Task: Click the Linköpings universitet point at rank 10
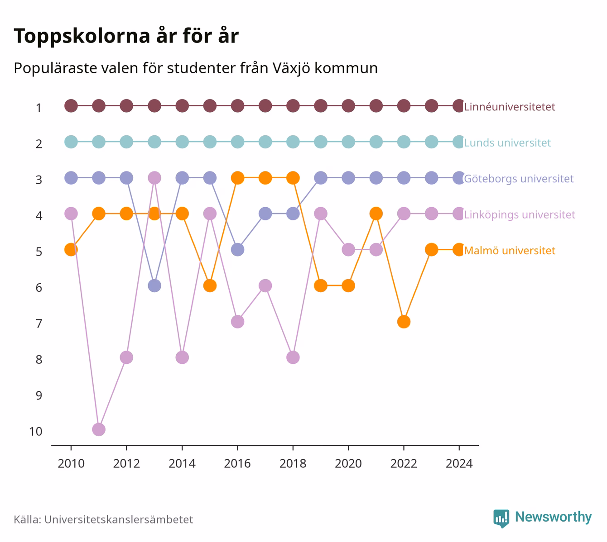[x=99, y=429]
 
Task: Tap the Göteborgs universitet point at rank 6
[x=154, y=285]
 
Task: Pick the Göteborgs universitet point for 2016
[x=237, y=249]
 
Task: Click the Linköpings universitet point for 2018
[x=293, y=357]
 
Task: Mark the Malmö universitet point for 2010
[x=71, y=249]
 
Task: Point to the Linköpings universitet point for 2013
[x=154, y=178]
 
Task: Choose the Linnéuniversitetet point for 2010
[x=71, y=106]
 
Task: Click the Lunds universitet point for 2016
[x=237, y=142]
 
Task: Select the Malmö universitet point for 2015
[x=210, y=285]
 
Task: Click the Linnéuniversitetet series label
[x=509, y=106]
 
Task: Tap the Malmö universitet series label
[x=509, y=250]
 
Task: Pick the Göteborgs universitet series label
[x=519, y=179]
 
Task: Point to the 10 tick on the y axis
[x=36, y=431]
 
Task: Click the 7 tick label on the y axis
[x=39, y=323]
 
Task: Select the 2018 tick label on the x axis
[x=293, y=463]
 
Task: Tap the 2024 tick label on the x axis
[x=459, y=463]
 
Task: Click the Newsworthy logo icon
[x=501, y=518]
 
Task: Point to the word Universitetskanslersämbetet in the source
[x=119, y=519]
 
